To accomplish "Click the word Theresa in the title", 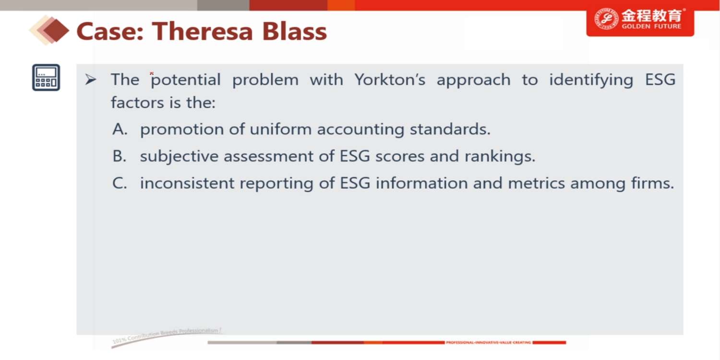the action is (203, 32).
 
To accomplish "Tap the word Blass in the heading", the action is (294, 32).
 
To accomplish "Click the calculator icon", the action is (46, 77).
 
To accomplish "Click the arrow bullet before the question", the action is (91, 79).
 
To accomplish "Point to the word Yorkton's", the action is (390, 79).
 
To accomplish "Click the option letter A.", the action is (120, 129).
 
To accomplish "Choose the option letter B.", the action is (119, 156).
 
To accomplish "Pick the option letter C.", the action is (120, 183).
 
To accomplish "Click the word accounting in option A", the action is (360, 130).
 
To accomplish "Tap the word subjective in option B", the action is (179, 156).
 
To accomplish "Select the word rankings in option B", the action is (500, 156).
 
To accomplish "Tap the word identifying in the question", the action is (591, 80).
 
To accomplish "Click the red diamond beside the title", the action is (55, 31).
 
